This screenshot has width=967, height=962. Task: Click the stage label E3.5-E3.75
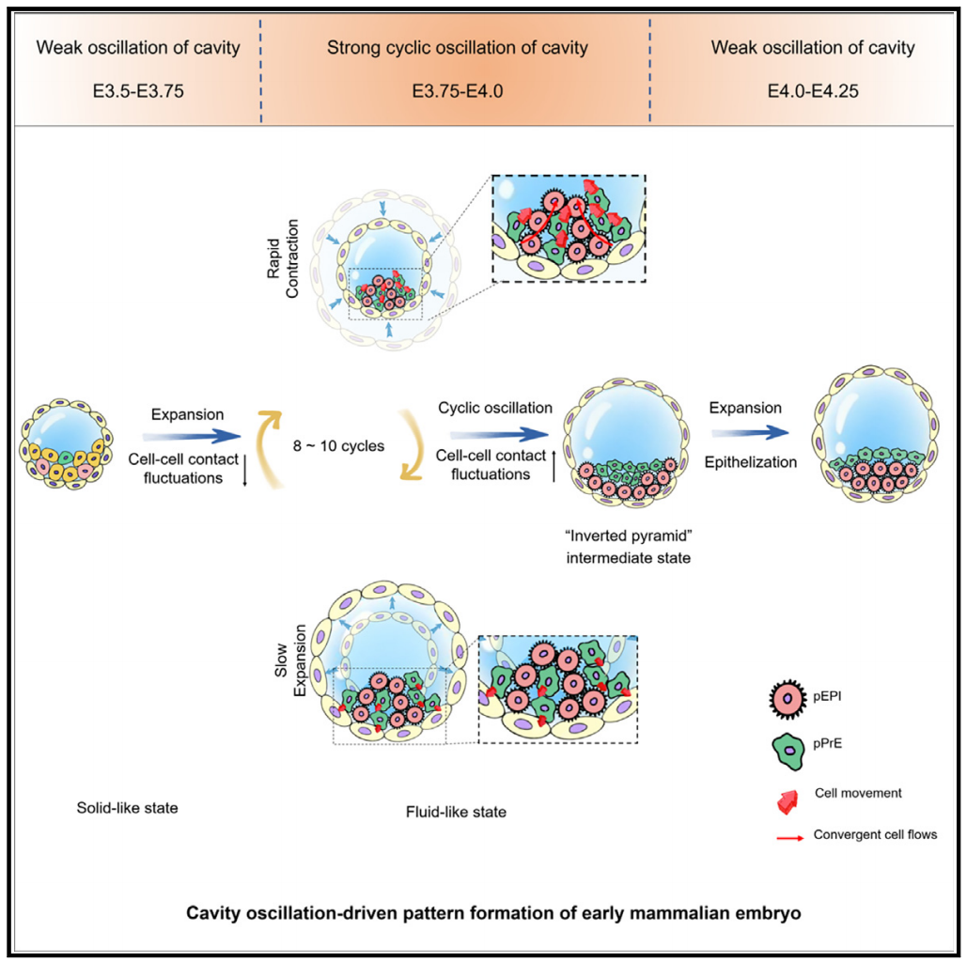137,91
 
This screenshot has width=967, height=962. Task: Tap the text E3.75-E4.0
456,91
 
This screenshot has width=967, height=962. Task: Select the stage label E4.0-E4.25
812,91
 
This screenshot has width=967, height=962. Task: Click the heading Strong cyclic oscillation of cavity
457,48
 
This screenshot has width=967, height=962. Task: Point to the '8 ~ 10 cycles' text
339,445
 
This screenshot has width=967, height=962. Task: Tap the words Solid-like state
128,807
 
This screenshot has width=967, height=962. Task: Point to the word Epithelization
752,462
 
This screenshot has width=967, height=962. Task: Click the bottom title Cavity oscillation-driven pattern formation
483,912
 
